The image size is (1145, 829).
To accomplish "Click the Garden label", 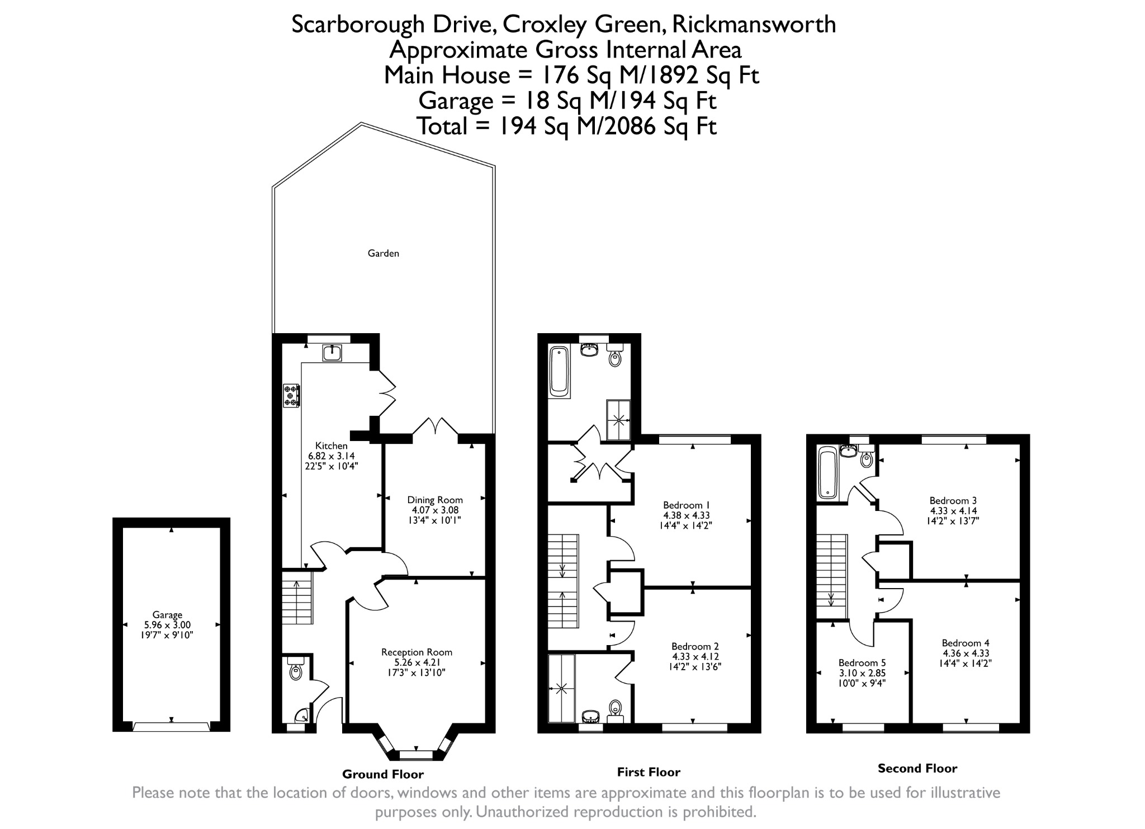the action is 383,253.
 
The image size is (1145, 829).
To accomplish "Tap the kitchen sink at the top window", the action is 332,353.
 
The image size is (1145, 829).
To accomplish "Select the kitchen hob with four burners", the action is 291,395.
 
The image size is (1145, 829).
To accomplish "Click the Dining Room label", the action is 435,500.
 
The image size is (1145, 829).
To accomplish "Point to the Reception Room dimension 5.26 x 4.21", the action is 417,662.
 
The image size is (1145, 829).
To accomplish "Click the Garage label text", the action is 167,615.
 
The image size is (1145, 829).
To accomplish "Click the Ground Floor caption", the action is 383,774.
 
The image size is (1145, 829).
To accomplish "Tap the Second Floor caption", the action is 917,768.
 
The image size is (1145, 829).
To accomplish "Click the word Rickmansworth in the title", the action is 754,25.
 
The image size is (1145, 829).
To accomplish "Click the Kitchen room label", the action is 332,446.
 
